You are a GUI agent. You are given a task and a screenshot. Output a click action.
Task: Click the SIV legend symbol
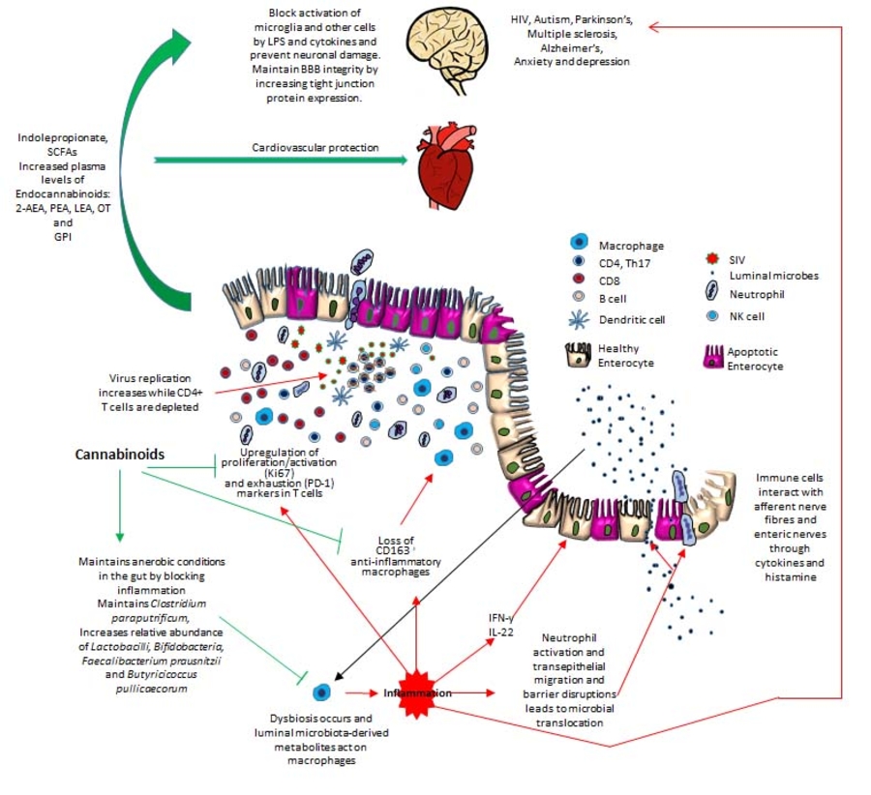click(717, 259)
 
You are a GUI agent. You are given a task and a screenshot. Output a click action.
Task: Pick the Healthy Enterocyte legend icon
click(581, 355)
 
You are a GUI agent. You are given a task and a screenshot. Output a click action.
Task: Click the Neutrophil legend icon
click(717, 294)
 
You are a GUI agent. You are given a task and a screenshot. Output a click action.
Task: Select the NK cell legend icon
click(717, 315)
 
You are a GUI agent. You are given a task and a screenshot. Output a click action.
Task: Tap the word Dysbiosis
click(290, 720)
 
